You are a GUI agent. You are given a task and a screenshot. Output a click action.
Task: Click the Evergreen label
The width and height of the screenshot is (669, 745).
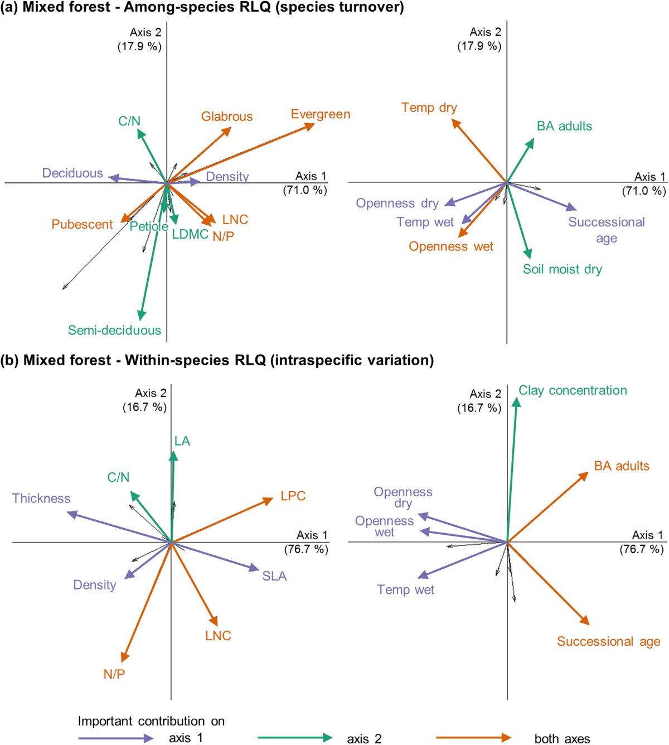click(321, 114)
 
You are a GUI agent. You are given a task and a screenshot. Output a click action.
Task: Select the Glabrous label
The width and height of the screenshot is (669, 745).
click(227, 117)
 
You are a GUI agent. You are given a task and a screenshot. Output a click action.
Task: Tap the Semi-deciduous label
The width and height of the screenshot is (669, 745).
click(114, 330)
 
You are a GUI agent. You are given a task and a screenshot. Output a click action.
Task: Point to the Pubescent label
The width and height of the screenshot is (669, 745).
click(82, 224)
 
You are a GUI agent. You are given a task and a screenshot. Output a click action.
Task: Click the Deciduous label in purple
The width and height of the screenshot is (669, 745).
click(72, 173)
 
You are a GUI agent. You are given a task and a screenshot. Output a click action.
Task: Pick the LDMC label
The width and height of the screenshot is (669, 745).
click(190, 234)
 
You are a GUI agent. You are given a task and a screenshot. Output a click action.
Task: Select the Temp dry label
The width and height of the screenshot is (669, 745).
click(429, 108)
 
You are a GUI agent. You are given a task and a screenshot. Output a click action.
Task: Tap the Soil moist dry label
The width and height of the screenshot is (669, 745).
click(562, 269)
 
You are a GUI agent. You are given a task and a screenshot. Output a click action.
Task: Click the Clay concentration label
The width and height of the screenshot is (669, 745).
click(573, 390)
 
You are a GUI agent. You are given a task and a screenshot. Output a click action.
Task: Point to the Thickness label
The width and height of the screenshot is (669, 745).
click(41, 498)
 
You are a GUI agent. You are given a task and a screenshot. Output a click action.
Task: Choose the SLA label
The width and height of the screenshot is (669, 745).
click(274, 576)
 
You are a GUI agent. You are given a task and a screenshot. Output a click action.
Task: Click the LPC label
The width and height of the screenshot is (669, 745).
click(293, 496)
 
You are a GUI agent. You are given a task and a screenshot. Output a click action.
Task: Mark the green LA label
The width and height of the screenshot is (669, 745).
click(182, 441)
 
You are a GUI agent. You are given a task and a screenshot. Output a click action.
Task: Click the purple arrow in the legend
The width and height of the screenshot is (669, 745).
click(115, 738)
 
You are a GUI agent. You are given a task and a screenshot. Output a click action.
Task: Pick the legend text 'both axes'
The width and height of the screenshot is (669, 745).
click(562, 739)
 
